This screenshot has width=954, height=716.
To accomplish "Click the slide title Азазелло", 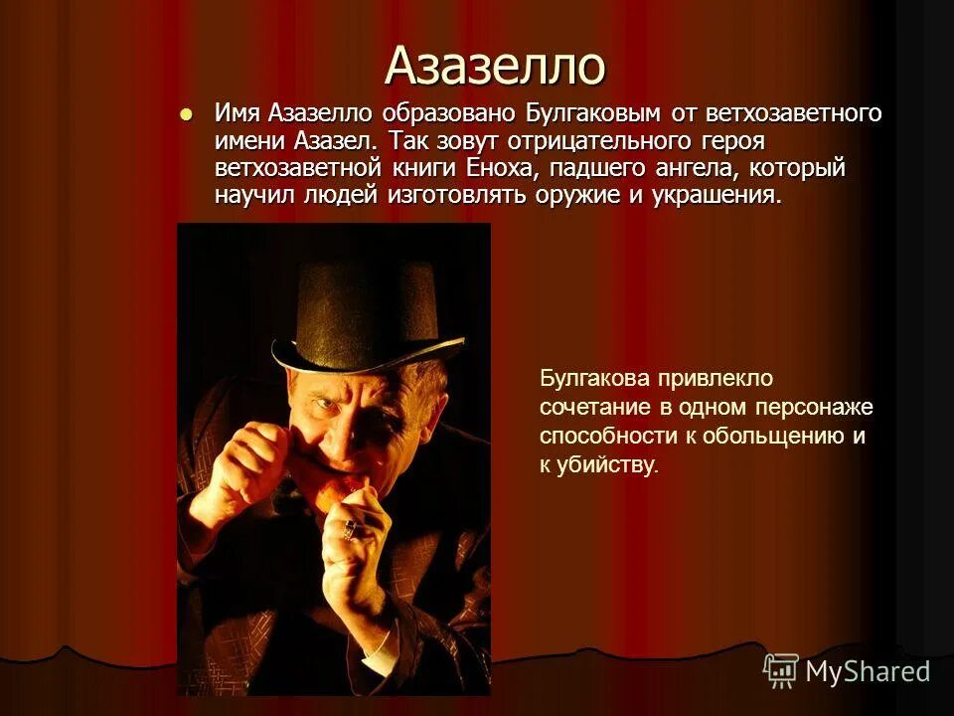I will (494, 67).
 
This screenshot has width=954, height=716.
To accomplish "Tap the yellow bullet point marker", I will (184, 113).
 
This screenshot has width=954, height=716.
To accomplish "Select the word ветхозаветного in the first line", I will (785, 113).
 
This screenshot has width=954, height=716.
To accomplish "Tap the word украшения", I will (715, 195).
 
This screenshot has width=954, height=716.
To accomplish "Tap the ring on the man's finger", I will (349, 529).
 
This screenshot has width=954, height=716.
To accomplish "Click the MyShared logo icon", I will (780, 670).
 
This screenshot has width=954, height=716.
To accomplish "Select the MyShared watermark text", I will (868, 671).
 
